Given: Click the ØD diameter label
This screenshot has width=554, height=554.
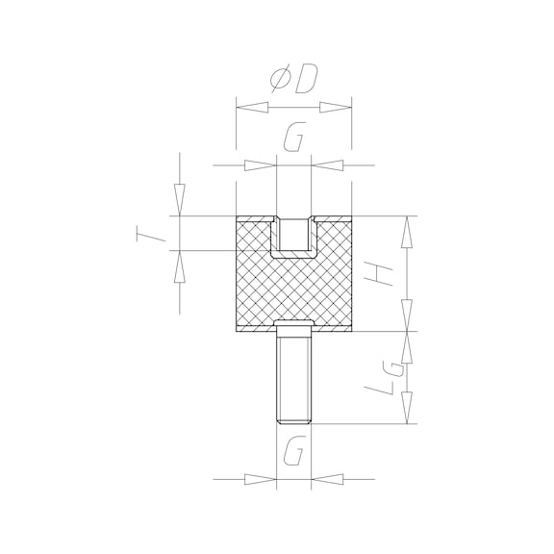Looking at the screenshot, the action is (294, 80).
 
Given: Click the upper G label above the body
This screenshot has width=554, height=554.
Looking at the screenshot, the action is (294, 137).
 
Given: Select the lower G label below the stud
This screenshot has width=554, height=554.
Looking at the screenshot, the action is (294, 451).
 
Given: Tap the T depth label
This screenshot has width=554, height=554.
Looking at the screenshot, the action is (151, 235).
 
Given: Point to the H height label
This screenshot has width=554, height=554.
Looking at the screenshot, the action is (378, 275).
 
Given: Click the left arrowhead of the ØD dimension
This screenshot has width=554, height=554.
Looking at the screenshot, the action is (252, 108).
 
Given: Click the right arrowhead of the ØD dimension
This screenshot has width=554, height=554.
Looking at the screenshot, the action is (336, 108).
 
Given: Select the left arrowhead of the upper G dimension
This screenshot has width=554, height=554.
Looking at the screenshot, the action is (261, 165).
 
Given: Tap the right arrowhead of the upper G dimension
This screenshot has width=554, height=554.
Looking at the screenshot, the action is (327, 165).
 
